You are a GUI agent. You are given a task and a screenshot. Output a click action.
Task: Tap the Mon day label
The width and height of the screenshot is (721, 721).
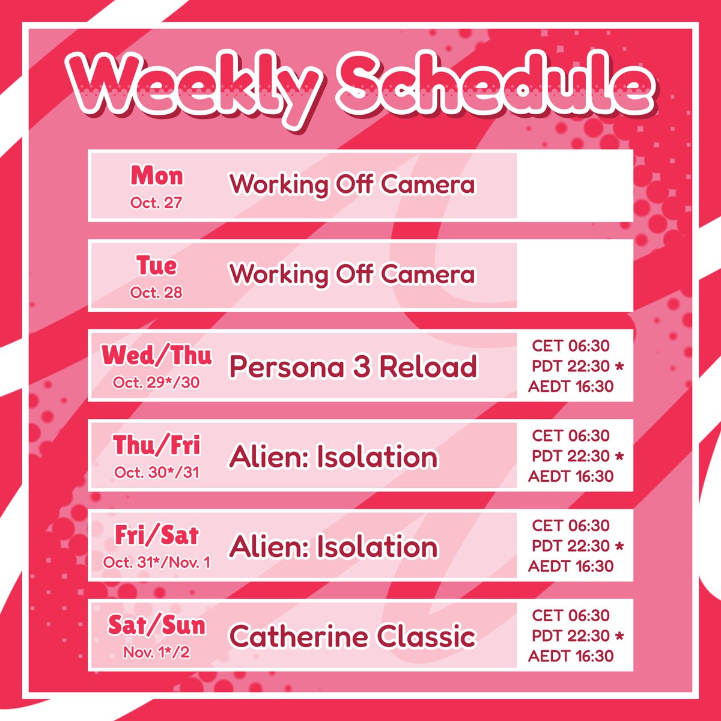click(x=156, y=176)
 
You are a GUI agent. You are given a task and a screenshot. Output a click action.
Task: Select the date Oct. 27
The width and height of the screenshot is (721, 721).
click(x=156, y=202)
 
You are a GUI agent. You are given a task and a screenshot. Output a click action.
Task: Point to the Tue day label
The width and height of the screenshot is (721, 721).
click(x=156, y=266)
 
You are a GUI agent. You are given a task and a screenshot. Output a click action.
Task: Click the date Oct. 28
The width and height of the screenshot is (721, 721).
click(x=156, y=293)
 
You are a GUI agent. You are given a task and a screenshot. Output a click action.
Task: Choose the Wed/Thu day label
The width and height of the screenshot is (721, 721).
click(x=156, y=356)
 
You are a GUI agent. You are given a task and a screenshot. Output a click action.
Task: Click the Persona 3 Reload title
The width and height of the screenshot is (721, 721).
click(x=353, y=367)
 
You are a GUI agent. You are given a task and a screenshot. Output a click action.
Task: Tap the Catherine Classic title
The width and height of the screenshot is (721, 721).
click(x=352, y=636)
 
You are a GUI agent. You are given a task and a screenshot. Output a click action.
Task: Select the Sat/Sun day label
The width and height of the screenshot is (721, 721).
click(x=156, y=625)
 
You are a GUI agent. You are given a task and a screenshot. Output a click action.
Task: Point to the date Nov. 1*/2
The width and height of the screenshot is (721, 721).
click(x=156, y=652)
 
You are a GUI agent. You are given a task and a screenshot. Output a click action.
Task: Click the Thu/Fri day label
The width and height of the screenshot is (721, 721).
click(x=156, y=446)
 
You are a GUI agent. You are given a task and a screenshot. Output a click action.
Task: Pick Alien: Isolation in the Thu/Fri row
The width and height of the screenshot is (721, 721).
click(x=333, y=457)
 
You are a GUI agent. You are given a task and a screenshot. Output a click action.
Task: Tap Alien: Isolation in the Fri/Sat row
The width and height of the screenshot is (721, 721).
click(x=333, y=547)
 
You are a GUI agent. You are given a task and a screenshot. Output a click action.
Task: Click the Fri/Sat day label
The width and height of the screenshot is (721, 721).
click(x=156, y=535)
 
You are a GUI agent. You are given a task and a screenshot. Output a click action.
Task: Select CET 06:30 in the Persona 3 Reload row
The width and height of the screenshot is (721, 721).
click(x=570, y=346)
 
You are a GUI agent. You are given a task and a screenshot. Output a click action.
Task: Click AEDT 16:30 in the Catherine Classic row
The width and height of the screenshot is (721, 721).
click(x=571, y=656)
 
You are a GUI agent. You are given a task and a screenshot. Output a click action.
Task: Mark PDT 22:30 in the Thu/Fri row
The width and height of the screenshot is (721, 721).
click(x=571, y=456)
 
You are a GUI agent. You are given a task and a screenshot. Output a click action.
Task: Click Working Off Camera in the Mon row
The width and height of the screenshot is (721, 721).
click(x=352, y=184)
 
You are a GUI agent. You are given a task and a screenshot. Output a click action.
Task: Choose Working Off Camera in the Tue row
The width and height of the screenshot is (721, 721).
click(x=352, y=274)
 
